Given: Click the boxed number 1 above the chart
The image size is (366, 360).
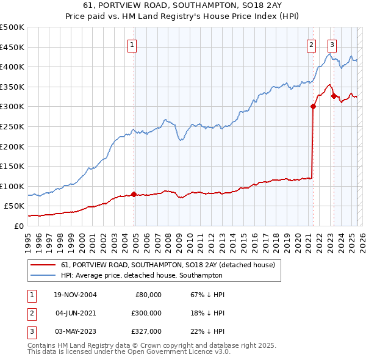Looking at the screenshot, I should click(x=132, y=44).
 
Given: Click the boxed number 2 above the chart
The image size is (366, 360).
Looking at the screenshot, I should click(x=311, y=44).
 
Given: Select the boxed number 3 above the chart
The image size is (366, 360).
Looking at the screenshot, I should click(x=332, y=44).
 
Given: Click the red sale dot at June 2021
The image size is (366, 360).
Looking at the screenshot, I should click(x=313, y=106).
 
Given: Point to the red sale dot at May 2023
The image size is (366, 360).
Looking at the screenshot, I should click(x=334, y=95).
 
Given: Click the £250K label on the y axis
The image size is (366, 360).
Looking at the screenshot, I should click(x=12, y=126).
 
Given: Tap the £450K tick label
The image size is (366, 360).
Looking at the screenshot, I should click(x=12, y=47).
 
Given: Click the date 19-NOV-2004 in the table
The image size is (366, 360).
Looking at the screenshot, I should click(x=75, y=295).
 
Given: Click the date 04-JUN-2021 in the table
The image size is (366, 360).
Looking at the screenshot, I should click(x=75, y=312).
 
